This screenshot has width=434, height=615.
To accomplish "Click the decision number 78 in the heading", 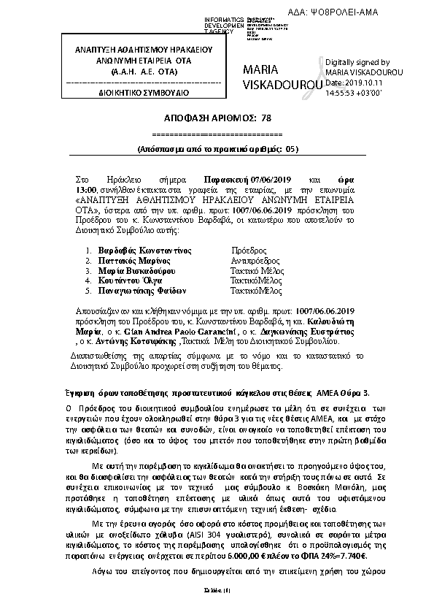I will click(265, 117).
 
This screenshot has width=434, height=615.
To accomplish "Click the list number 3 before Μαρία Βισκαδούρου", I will click(88, 270).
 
